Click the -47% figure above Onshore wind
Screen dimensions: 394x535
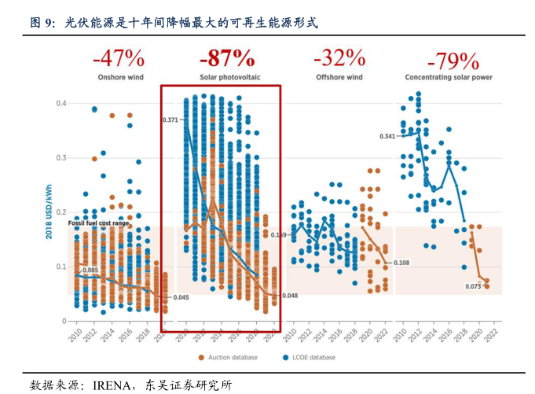pos(118,58)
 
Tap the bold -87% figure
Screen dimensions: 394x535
pos(227,58)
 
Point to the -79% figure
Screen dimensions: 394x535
pos(453,61)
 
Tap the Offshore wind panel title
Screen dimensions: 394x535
pos(339,77)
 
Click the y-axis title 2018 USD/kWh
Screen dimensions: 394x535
pos(49,212)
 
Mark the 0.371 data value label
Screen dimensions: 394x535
pos(170,120)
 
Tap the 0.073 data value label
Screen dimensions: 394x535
pos(473,286)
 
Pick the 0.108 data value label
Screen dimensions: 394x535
pos(401,263)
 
